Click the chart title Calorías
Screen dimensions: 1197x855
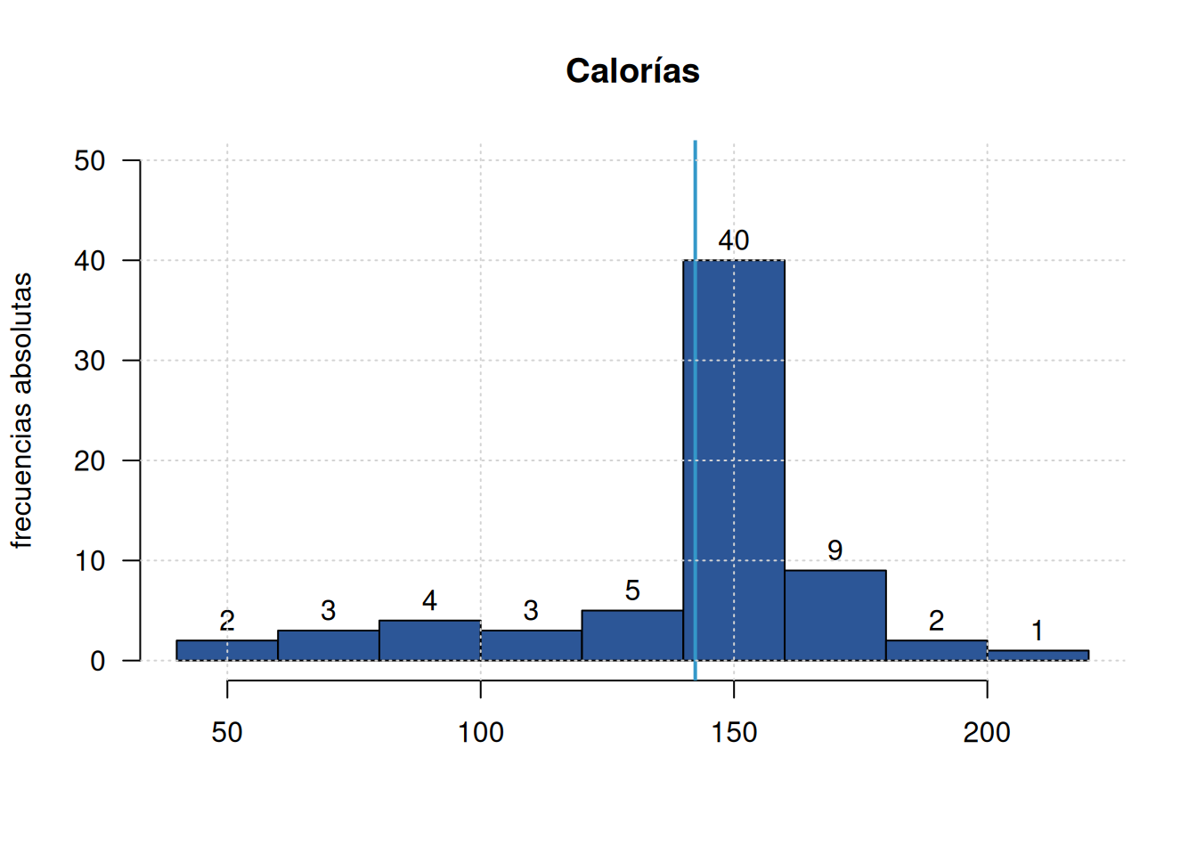point(632,71)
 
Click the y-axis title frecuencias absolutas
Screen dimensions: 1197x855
point(22,411)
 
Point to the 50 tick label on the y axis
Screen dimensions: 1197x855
point(90,160)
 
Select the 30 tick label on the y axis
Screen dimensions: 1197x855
point(90,361)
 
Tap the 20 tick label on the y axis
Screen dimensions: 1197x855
point(90,460)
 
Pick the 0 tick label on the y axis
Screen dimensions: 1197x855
point(98,661)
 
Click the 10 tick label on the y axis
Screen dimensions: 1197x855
point(90,561)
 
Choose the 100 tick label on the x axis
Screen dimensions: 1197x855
point(480,732)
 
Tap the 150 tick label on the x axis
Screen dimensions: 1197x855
point(734,732)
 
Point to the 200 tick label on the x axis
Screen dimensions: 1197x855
point(987,732)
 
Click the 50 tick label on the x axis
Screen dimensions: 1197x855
point(227,732)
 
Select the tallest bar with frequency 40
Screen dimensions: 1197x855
point(734,460)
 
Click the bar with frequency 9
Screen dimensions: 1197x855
point(835,615)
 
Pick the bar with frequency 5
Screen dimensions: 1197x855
point(632,635)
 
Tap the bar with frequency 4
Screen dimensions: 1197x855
point(429,640)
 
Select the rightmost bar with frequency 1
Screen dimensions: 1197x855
point(1038,655)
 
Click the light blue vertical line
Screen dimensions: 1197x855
point(696,411)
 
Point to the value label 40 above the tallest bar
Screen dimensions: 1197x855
point(734,240)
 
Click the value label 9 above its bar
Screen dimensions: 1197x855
point(835,550)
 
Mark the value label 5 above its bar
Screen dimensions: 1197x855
point(632,590)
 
